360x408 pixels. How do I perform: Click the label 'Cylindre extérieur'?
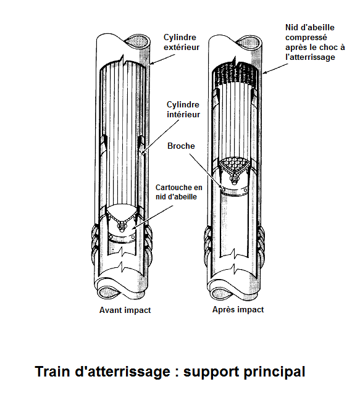tap(182, 42)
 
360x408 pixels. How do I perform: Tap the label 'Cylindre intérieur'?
tap(183, 109)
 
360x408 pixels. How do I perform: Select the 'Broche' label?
tap(181, 146)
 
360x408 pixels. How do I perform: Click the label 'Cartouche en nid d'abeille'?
tap(179, 192)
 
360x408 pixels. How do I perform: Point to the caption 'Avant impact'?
tap(125, 310)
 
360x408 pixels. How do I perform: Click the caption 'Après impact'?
tap(238, 310)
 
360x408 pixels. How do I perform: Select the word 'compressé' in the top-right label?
tap(306, 38)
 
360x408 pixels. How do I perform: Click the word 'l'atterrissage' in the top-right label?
tap(310, 57)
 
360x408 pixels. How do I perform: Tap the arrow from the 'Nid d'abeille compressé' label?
tap(275, 68)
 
